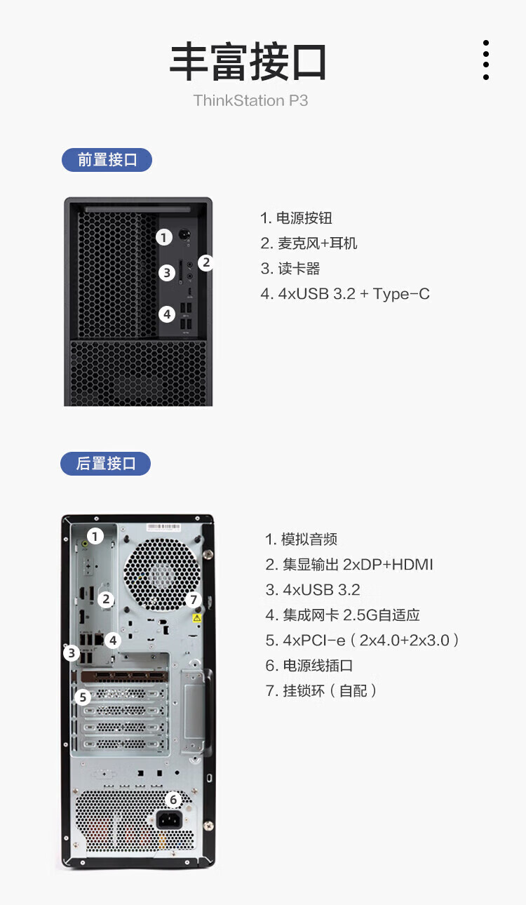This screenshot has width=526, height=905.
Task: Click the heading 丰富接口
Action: pos(248,62)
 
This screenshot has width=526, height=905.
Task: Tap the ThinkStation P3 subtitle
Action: pos(250,100)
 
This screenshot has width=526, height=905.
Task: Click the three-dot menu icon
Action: pos(486,60)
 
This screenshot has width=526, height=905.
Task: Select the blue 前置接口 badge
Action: pos(107,160)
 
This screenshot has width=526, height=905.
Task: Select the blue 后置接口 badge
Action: pos(105,464)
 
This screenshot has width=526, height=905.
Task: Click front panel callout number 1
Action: pos(164,237)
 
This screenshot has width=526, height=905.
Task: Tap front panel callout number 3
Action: pos(167,273)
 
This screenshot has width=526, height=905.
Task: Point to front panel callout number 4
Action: pos(167,314)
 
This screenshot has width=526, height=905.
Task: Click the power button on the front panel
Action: pos(184,234)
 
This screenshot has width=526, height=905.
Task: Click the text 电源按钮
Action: pos(304,217)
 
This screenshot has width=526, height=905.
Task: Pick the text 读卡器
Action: pos(299,268)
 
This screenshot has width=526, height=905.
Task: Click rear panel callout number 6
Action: pos(173,800)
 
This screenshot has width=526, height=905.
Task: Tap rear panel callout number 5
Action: pos(83,697)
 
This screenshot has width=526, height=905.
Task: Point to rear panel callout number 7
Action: pos(194,599)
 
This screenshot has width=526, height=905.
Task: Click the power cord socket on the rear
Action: pos(169,819)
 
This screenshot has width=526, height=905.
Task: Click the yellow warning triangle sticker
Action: pos(197,618)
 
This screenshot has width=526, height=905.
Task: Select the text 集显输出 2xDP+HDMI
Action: pos(358,565)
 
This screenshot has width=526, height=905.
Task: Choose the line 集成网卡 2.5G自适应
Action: pos(351,615)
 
